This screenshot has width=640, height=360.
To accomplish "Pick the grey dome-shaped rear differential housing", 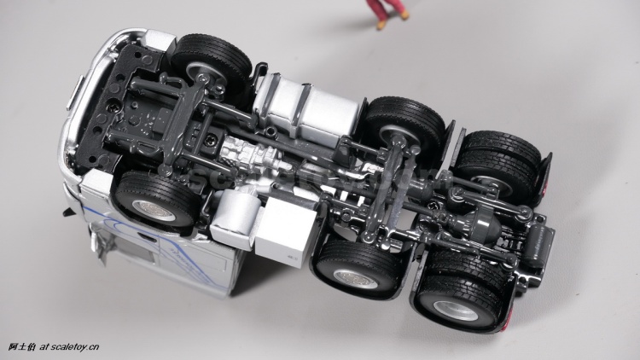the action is (x=485, y=224).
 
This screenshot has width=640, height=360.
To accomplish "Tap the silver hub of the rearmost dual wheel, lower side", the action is (x=456, y=311).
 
